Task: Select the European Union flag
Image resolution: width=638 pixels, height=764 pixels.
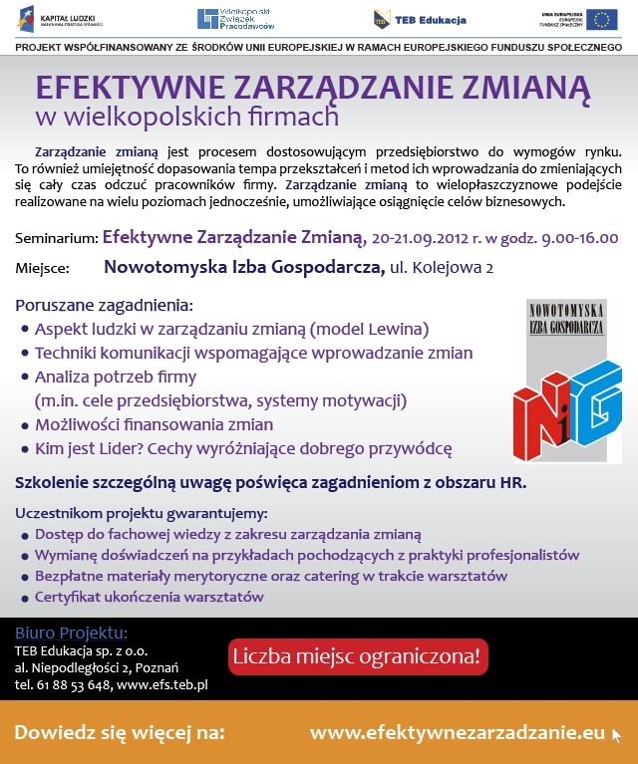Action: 600,19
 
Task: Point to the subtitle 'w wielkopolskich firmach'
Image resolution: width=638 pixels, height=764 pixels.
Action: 186,118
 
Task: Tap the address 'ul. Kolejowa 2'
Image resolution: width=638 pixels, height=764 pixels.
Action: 442,267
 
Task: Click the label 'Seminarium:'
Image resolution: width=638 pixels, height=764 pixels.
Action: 57,239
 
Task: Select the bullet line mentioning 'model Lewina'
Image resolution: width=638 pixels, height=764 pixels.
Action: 231,328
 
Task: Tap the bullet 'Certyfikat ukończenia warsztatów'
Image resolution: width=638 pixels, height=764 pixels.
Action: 149,598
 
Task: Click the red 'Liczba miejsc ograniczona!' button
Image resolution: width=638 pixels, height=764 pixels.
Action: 358,657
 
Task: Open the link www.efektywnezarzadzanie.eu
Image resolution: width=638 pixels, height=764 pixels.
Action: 458,733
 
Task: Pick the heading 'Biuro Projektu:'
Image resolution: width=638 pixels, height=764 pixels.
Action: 71,634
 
